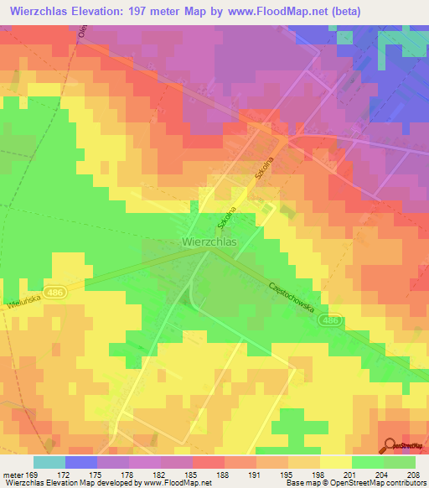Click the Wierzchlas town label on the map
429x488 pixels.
pos(209,241)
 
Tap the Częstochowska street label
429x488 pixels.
pos(292,297)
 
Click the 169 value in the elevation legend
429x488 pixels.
pos(32,474)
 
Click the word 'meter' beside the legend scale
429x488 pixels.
pos(12,474)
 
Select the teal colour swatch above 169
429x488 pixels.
pos(49,462)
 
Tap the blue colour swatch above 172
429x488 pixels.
pos(81,462)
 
